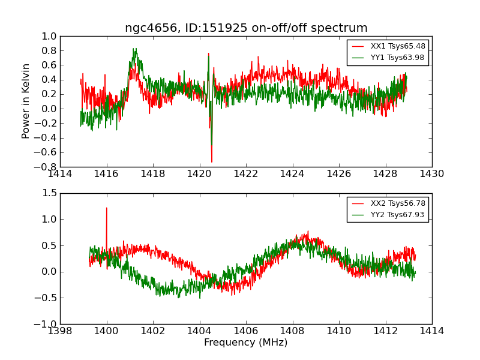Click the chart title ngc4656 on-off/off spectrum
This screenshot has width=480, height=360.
246,28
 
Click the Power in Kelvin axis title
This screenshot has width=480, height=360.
26,101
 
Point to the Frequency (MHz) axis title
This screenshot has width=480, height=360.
246,343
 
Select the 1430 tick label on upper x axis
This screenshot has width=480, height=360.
432,174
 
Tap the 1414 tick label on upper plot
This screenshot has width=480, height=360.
60,174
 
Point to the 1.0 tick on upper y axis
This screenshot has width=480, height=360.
49,36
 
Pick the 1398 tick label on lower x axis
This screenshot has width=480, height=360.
60,331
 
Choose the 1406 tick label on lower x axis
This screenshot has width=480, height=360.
246,331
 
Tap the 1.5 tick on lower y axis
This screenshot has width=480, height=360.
49,193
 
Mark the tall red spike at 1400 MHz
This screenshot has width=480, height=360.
107,209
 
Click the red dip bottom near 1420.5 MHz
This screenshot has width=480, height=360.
211,161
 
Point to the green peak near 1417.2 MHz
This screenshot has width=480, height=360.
135,49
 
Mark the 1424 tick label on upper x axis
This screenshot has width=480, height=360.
293,174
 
